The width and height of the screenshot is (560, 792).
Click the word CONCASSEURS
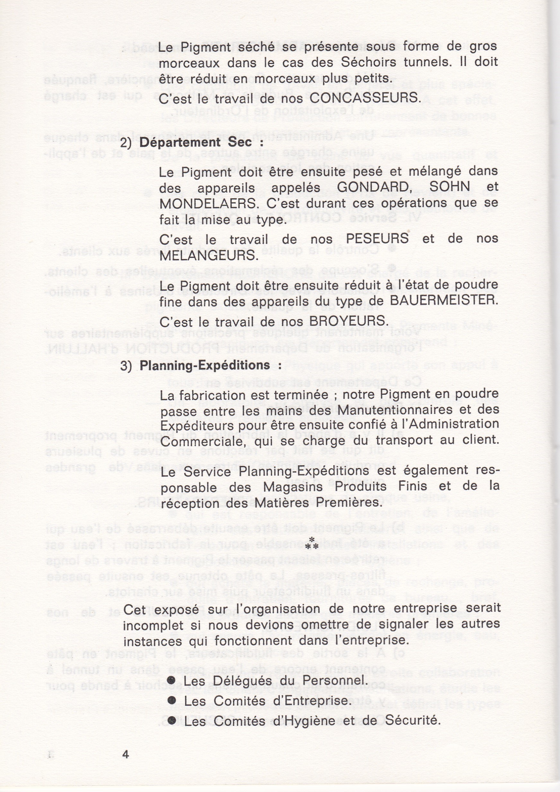[365, 98]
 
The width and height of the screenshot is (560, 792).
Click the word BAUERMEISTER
[444, 300]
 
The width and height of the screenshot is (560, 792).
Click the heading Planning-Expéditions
[205, 365]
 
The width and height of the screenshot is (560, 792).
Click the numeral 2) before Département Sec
[126, 143]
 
